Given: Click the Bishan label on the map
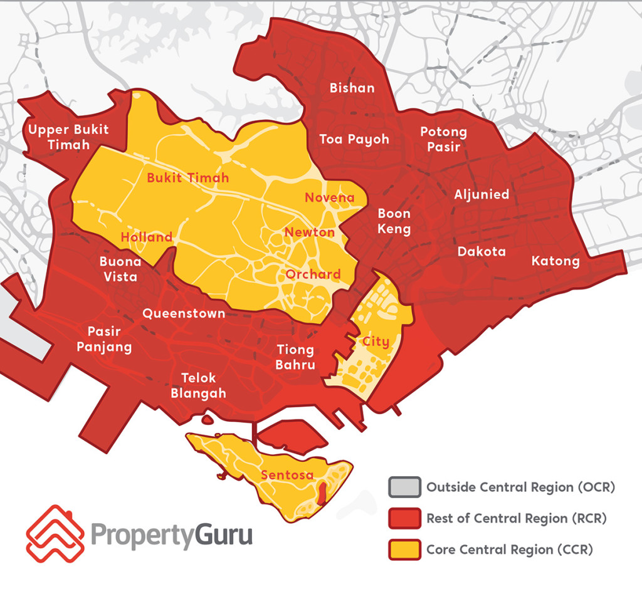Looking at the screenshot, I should (x=352, y=88).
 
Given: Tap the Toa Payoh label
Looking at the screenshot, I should (x=354, y=139).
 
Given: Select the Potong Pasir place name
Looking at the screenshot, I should (x=443, y=139).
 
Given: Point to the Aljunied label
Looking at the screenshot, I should (x=481, y=194).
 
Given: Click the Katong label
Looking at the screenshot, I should (x=555, y=261).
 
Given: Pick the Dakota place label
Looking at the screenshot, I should (x=481, y=252).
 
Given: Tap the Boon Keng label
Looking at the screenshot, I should (x=394, y=221).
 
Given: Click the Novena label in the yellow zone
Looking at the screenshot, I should (x=329, y=198).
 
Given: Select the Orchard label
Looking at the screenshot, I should (x=313, y=274).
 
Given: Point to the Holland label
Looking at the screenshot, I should (x=146, y=237).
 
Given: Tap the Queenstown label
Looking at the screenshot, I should (x=184, y=313).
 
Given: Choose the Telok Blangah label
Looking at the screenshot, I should (x=198, y=385).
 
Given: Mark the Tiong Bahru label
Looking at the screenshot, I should (x=295, y=357).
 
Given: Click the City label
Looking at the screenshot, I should (x=376, y=341).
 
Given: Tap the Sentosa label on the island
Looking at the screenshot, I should (x=287, y=474).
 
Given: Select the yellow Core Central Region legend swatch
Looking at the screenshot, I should (x=403, y=550).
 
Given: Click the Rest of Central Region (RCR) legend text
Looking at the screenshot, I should (x=517, y=518).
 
